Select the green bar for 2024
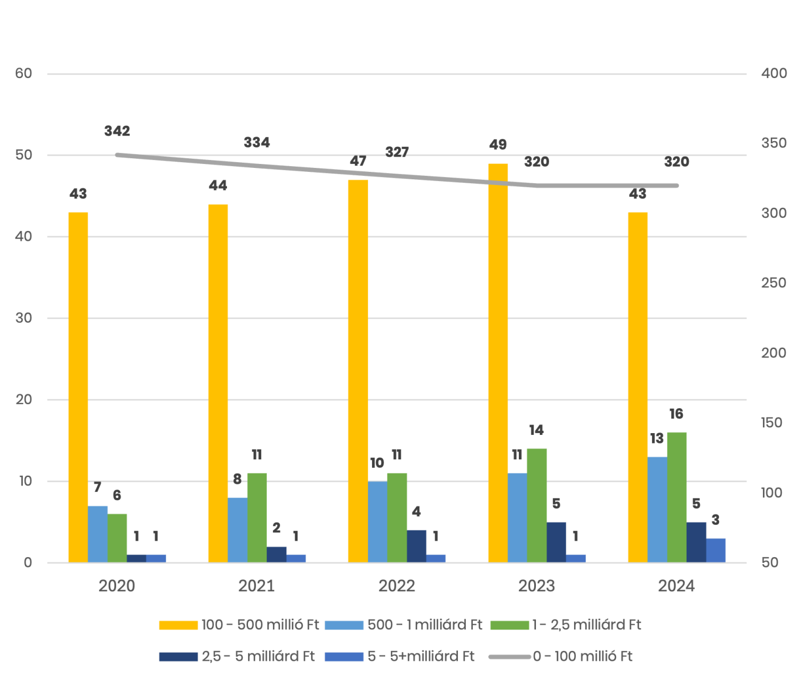tap(676, 497)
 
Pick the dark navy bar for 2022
tap(416, 546)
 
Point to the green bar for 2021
tap(257, 518)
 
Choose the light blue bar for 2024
tap(657, 509)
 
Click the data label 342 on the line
tap(117, 131)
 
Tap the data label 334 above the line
tap(257, 143)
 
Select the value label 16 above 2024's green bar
tap(676, 414)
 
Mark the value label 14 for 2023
tap(536, 431)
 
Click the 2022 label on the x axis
tap(397, 586)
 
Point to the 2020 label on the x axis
tap(117, 586)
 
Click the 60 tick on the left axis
tap(23, 74)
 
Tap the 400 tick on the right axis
tap(774, 74)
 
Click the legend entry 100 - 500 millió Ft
tap(239, 625)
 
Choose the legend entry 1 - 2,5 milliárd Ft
tap(567, 625)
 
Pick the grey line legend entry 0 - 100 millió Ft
tap(560, 657)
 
